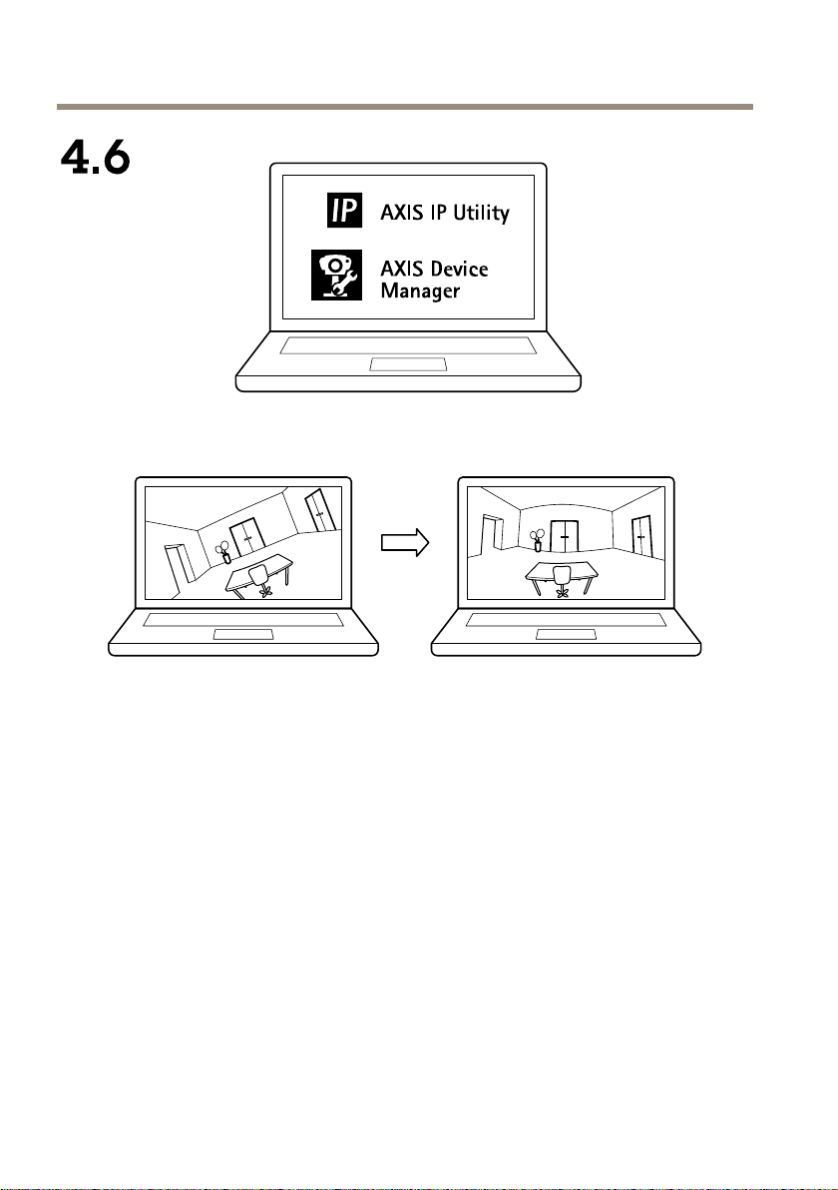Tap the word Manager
click(421, 292)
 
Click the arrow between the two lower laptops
click(405, 542)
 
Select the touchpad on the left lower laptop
click(242, 635)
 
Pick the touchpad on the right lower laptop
click(566, 635)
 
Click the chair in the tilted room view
click(260, 579)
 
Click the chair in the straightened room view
click(562, 578)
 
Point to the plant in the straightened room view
click(538, 540)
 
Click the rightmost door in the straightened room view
click(640, 537)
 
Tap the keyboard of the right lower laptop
click(566, 620)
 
